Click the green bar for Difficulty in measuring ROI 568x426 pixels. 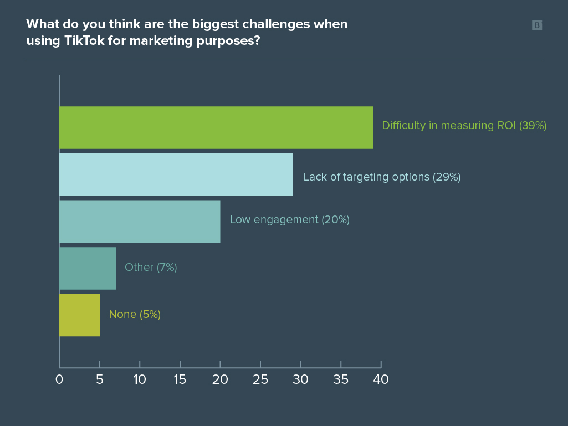[216, 127]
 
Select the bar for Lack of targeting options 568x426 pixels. [176, 174]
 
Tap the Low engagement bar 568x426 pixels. [140, 221]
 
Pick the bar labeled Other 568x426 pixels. [88, 268]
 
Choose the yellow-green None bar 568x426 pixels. [79, 315]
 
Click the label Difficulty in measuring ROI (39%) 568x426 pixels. [464, 126]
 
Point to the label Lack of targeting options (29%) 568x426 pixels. [382, 177]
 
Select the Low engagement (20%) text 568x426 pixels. [289, 220]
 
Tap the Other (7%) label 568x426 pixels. [151, 267]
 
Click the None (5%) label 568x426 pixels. [135, 315]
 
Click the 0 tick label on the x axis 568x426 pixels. [59, 380]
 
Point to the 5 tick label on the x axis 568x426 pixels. [99, 380]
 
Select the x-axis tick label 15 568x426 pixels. [180, 380]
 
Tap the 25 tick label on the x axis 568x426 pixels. [260, 380]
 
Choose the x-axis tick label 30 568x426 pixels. [300, 380]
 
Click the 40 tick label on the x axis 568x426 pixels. [381, 380]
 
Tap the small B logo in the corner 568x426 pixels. [536, 25]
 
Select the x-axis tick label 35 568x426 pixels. [341, 380]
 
